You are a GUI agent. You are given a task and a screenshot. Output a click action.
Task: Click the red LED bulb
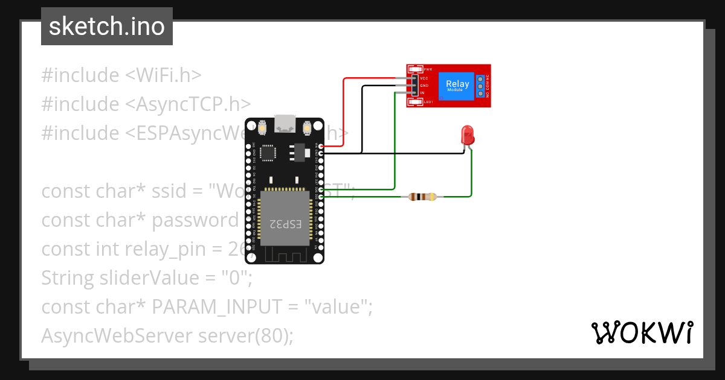click(x=467, y=135)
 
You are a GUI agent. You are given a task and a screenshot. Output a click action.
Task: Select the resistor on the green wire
click(x=422, y=197)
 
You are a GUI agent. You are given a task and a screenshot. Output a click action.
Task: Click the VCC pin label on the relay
click(x=424, y=78)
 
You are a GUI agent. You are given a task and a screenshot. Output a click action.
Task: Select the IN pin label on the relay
click(x=422, y=93)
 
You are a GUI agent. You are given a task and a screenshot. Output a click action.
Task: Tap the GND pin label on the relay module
click(x=424, y=86)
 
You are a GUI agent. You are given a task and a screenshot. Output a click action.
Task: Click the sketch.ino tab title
click(x=107, y=27)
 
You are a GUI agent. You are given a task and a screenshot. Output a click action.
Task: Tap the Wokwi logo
click(x=642, y=332)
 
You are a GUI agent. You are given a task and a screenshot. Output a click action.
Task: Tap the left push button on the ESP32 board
click(x=262, y=128)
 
